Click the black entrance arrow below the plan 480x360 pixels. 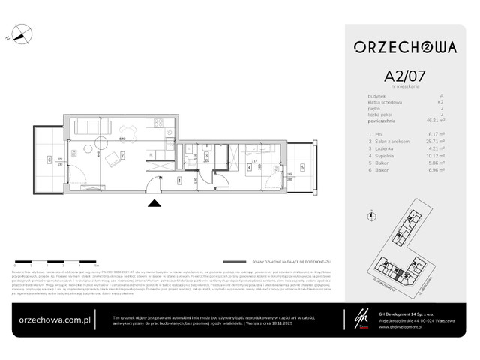coord(154,202)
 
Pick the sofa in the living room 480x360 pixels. coord(94,125)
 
